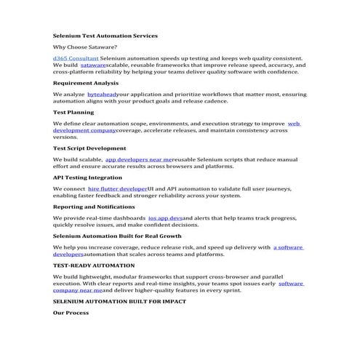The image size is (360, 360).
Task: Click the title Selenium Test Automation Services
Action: click(x=105, y=35)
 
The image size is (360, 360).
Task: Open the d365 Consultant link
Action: click(x=76, y=57)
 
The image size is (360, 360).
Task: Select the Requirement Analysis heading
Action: click(x=86, y=83)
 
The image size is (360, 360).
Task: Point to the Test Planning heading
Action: click(x=74, y=113)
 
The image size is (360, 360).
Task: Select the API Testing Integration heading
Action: click(x=87, y=177)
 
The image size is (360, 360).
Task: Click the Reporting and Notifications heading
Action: click(x=93, y=207)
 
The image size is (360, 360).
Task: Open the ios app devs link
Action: click(x=165, y=218)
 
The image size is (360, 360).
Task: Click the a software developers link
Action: click(x=289, y=247)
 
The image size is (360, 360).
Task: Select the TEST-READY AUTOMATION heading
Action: click(x=93, y=265)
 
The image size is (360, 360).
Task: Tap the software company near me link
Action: click(x=291, y=284)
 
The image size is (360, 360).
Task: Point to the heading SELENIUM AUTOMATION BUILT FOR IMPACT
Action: click(x=119, y=301)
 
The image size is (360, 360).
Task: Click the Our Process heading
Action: click(x=71, y=313)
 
